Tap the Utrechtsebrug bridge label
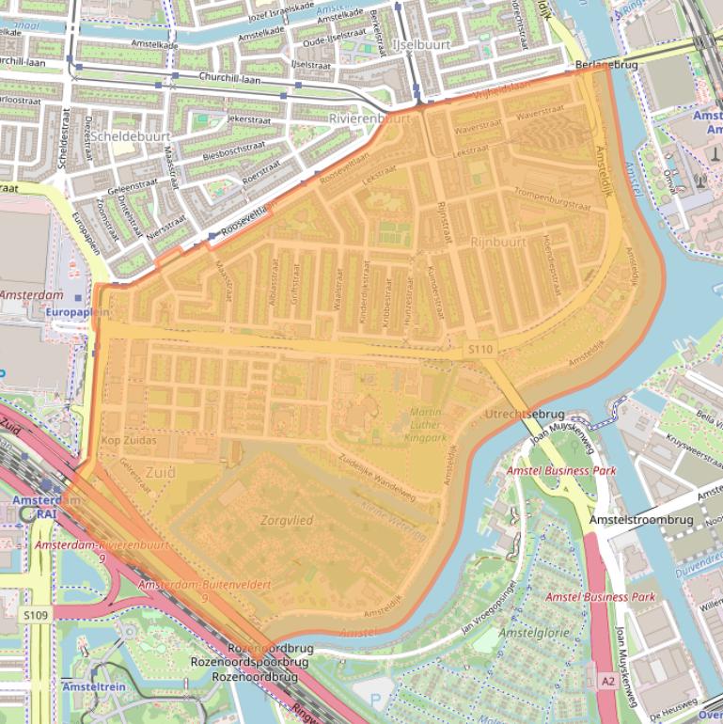click(x=524, y=414)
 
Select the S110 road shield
click(x=479, y=350)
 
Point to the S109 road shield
click(x=36, y=613)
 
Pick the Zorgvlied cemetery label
click(x=287, y=519)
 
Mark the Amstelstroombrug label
click(x=640, y=520)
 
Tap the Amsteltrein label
click(x=94, y=688)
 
